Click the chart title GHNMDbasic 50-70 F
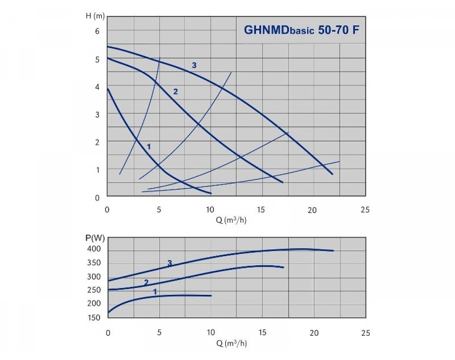301,30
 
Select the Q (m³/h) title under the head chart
232,220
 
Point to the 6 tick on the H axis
97,31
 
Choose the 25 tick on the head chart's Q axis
365,210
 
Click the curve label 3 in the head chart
194,66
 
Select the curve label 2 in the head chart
175,91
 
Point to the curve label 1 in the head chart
149,146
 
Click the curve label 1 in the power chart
155,291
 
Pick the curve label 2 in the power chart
146,282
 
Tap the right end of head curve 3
333,174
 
